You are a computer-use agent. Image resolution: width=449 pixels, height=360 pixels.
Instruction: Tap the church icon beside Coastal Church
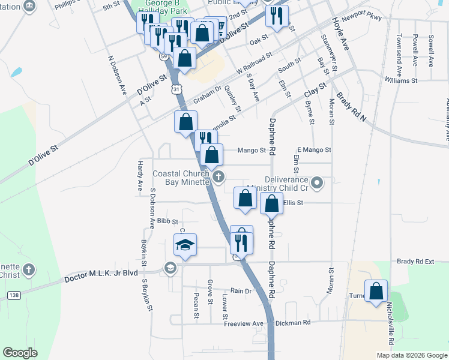pos(219,177)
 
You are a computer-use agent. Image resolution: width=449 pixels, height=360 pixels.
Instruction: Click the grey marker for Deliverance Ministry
pos(319,181)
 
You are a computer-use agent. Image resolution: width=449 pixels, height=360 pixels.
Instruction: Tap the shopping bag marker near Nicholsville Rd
pos(376,292)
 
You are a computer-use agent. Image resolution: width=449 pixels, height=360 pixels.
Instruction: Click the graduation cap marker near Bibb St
pos(185,245)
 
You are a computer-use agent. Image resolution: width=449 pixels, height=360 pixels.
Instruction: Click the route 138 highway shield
pos(13,295)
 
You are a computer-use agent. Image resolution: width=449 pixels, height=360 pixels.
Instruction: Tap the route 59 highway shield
pos(164,56)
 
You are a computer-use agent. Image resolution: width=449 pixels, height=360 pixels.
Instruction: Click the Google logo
pos(20,353)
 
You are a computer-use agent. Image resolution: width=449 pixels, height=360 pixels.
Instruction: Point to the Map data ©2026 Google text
pos(411,355)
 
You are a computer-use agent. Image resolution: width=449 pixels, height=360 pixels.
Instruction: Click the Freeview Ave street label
pos(244,323)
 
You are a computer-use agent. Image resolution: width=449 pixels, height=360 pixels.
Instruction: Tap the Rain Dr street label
pos(240,290)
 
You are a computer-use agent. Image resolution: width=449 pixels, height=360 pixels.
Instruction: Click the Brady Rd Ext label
pos(415,262)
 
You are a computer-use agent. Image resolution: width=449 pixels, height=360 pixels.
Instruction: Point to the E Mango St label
pos(314,149)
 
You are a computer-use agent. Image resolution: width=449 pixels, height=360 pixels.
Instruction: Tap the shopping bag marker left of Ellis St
pos(245,199)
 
